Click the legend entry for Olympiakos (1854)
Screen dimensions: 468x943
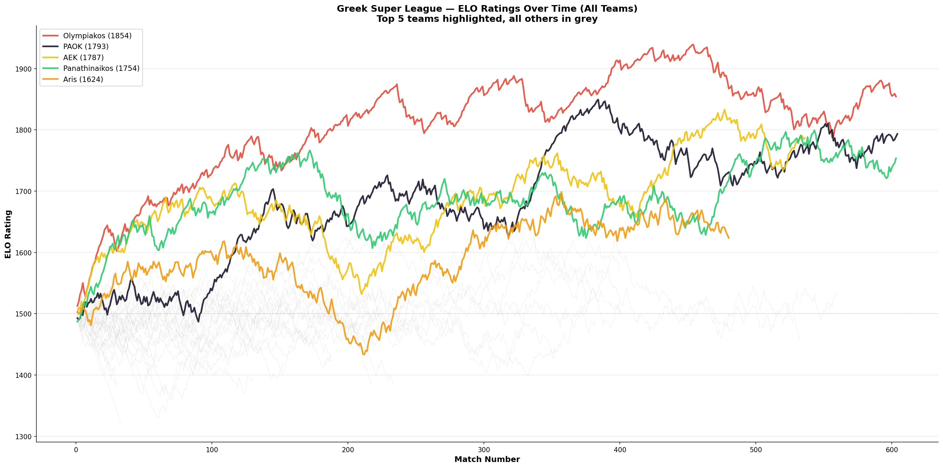[97, 36]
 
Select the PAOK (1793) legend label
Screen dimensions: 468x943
[86, 47]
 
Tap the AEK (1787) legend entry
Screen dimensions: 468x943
[83, 58]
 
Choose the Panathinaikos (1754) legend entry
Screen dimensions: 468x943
[101, 68]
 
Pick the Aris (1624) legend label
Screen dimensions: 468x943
[83, 79]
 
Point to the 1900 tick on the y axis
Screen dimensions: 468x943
[23, 69]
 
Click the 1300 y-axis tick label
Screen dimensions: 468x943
[23, 436]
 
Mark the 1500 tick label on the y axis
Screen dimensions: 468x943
[23, 314]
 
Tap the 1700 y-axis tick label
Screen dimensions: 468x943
[23, 191]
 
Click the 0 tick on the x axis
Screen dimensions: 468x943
[76, 450]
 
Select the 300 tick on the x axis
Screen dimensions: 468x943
[484, 450]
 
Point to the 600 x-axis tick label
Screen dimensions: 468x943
[892, 450]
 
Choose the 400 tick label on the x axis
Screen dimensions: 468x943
[620, 450]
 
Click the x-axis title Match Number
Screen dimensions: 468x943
[487, 459]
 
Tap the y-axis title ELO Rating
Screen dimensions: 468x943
[8, 234]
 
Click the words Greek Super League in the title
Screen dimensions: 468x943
[389, 9]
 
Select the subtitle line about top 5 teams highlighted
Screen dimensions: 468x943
[487, 19]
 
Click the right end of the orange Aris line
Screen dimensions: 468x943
[729, 238]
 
